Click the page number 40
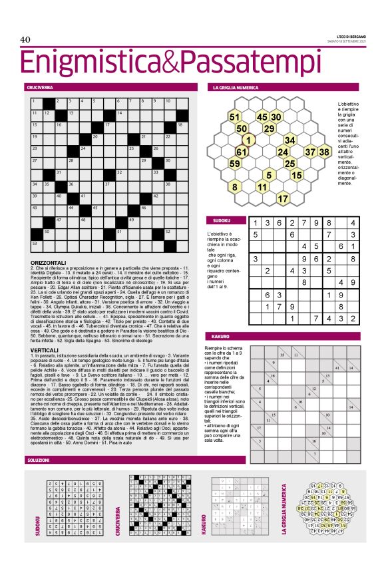coord(26,40)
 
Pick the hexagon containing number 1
coord(248,140)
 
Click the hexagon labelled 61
coord(241,152)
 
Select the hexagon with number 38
coord(323,152)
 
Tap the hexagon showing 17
coord(282,198)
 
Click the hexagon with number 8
coord(234,187)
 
